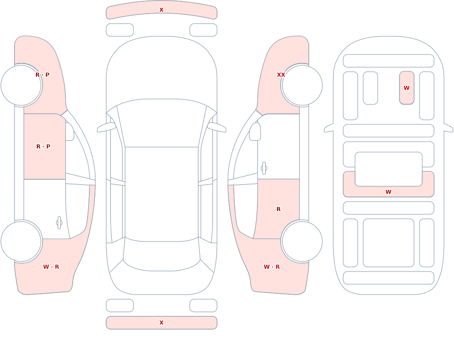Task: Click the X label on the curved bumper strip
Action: [161, 10]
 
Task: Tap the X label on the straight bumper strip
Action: [161, 323]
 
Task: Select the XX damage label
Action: [281, 75]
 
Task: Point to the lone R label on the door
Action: [279, 209]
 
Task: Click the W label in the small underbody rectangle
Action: [406, 88]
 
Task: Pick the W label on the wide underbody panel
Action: [388, 192]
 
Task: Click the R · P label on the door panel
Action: [43, 147]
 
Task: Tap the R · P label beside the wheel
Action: [42, 75]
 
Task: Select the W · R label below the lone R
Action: [271, 267]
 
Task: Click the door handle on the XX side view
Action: [264, 168]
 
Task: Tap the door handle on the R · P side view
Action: [59, 223]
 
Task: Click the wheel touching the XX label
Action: [302, 85]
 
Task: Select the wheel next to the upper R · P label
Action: [21, 85]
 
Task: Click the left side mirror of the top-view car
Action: [107, 127]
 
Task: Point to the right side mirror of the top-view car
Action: [217, 127]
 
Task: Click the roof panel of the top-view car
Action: [162, 194]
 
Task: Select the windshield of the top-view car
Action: [162, 123]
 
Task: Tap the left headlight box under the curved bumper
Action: [120, 30]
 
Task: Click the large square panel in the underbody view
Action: [389, 243]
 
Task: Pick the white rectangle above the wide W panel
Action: [389, 169]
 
